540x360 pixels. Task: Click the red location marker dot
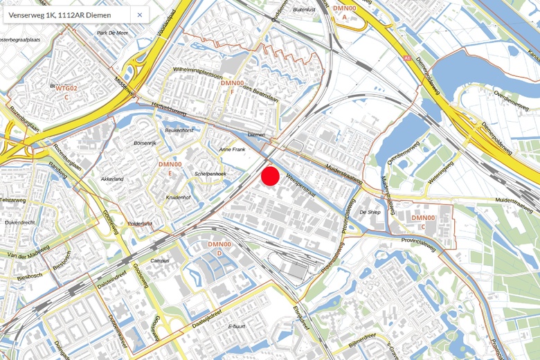[x=270, y=177]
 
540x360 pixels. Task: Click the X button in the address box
[x=139, y=15]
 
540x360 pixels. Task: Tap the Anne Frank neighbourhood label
[x=233, y=150]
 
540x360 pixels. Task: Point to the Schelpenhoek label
[x=211, y=174]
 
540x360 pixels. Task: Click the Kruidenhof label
[x=178, y=197]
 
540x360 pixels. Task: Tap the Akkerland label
[x=112, y=179]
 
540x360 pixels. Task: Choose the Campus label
[x=160, y=261]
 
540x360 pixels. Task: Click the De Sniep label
[x=370, y=213]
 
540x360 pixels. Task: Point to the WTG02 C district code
[x=66, y=92]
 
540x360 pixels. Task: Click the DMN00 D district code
[x=219, y=249]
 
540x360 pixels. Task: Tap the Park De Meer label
[x=112, y=33]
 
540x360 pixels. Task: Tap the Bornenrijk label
[x=145, y=143]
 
